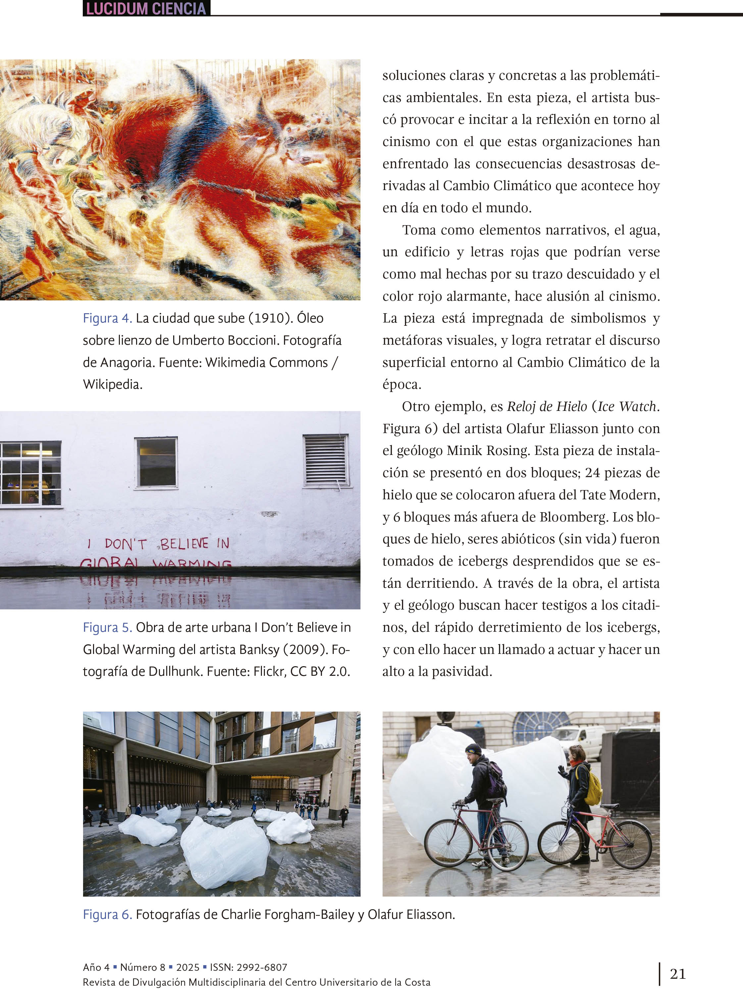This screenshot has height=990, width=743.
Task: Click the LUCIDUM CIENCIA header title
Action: point(146,9)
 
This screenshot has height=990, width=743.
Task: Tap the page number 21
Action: point(678,973)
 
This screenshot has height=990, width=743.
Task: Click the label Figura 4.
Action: point(107,318)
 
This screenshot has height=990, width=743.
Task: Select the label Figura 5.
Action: point(107,627)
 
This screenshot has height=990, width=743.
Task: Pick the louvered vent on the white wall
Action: point(325,461)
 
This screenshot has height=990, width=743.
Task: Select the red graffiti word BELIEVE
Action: point(184,544)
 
